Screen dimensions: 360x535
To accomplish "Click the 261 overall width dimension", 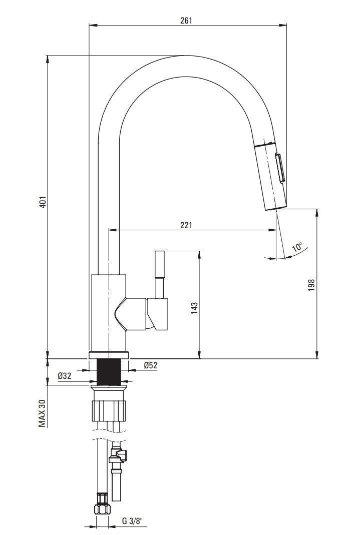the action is pos(186,20).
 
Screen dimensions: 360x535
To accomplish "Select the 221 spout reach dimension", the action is pos(186,225).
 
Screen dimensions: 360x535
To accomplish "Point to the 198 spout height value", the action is pos(311,285).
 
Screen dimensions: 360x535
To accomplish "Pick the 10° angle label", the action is pos(298,247).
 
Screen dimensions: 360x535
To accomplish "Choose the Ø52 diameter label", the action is pos(151,365).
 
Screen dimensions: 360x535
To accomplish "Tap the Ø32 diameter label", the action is pos(65,376).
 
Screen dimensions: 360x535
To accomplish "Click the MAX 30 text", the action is pos(42,413).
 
